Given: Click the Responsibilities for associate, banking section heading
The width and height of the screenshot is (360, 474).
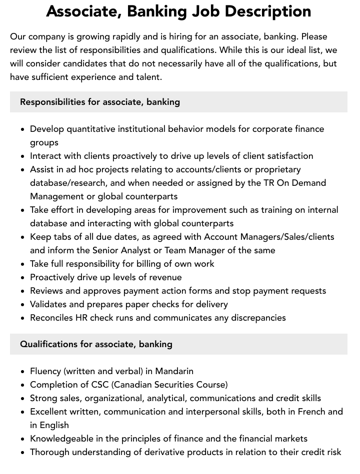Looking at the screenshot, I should [100, 102].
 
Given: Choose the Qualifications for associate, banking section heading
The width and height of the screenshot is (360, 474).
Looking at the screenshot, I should [96, 344].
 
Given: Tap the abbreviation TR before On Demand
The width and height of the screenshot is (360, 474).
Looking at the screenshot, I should [269, 183].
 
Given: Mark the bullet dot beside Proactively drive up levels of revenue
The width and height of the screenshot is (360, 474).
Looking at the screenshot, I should [22, 278].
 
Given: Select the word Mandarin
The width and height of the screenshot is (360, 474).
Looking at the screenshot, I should [174, 371].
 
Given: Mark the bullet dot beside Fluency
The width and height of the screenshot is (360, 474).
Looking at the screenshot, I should [22, 372].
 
